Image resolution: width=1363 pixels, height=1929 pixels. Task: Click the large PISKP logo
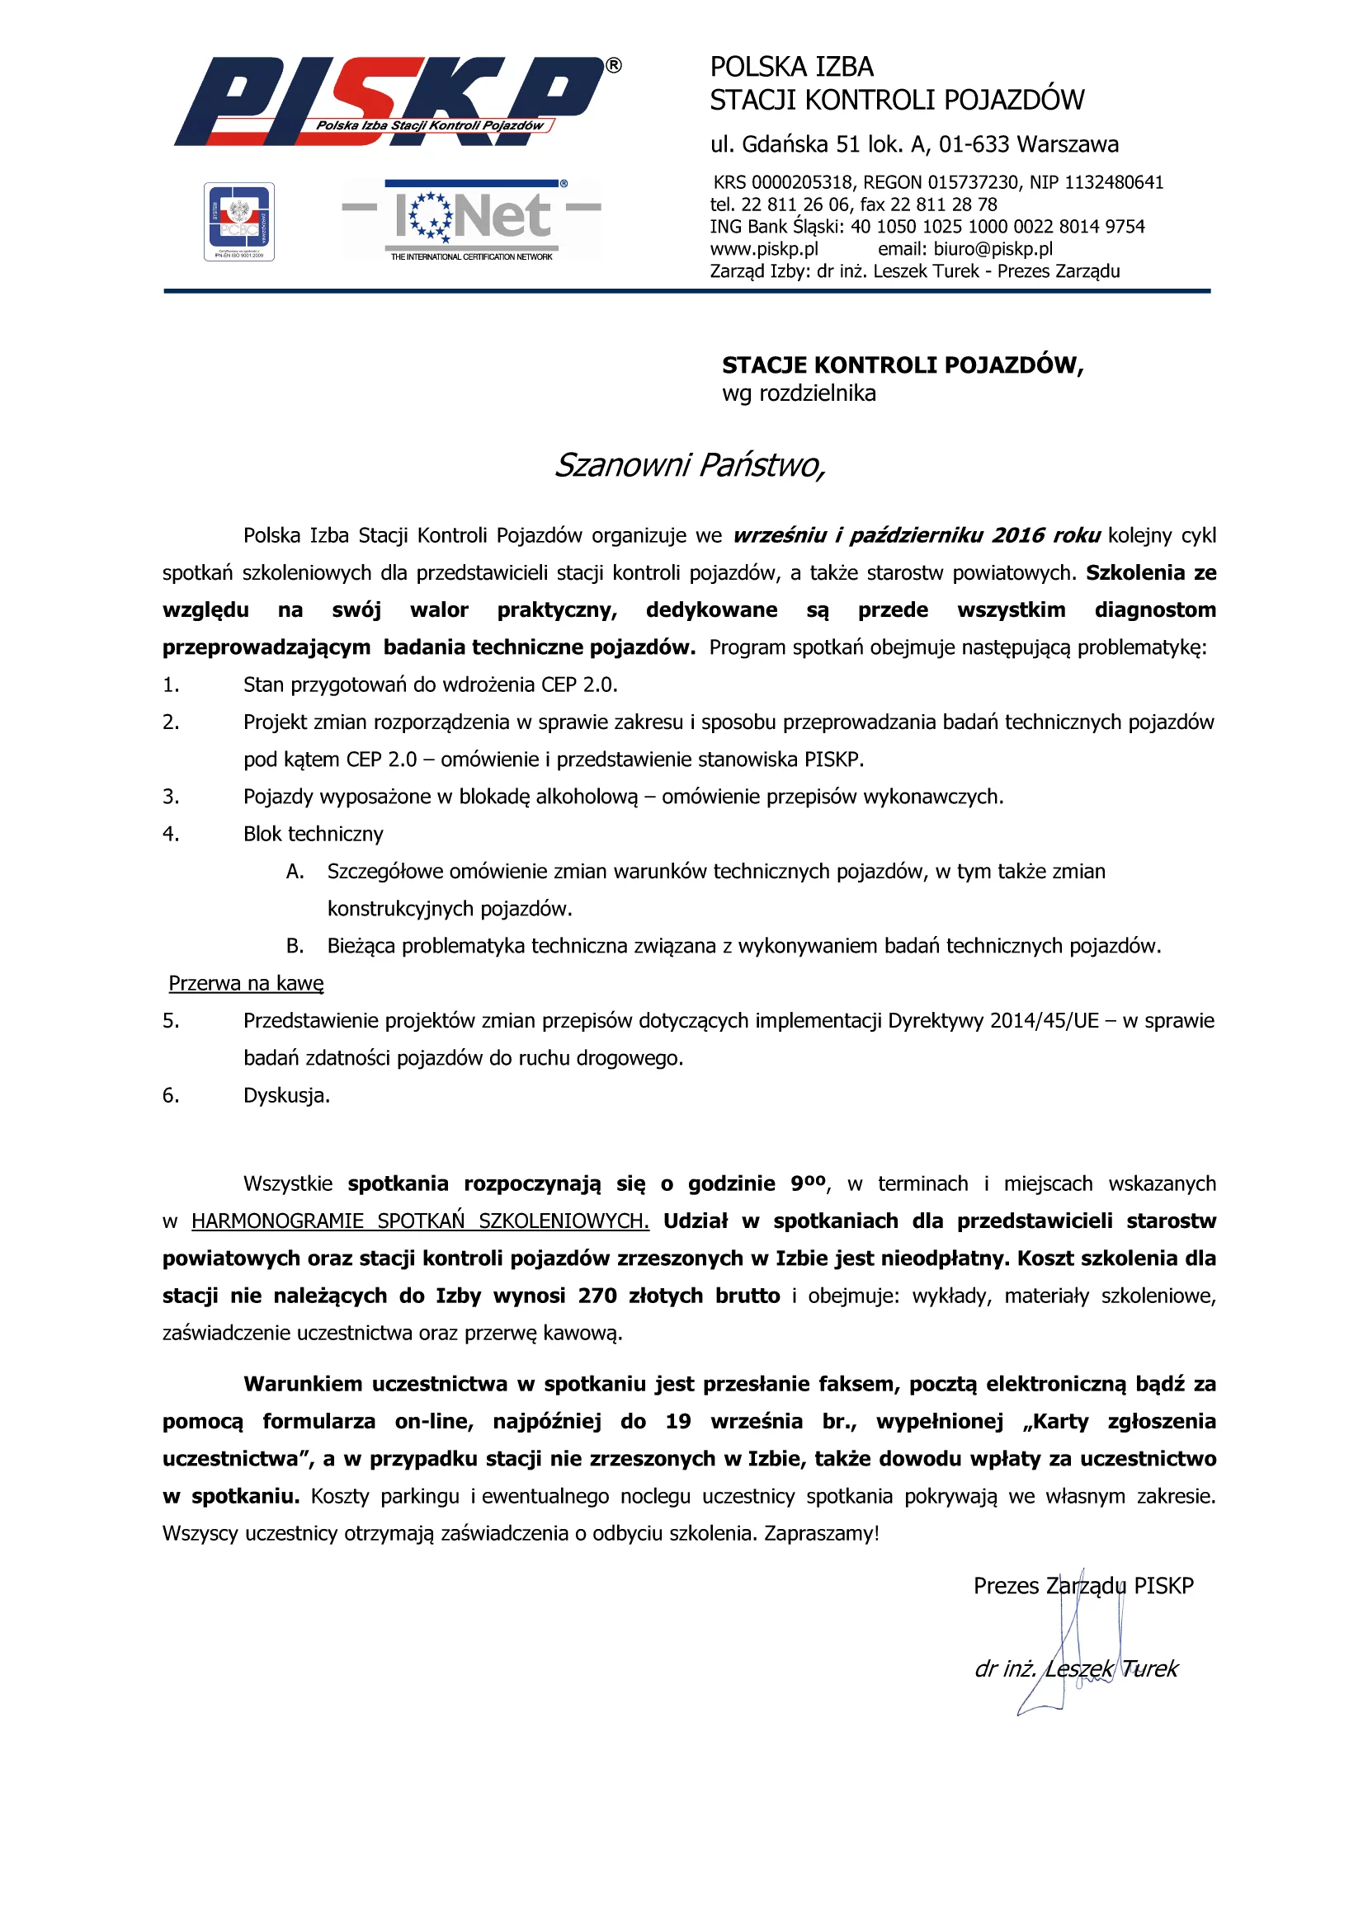click(x=395, y=101)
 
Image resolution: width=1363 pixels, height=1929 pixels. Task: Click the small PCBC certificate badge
click(x=239, y=222)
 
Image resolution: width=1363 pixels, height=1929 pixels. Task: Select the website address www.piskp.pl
click(x=764, y=250)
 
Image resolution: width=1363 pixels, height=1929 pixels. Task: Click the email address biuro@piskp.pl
click(x=993, y=250)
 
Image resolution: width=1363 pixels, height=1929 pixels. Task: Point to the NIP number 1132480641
click(x=1114, y=183)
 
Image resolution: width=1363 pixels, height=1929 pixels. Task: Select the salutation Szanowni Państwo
click(x=689, y=464)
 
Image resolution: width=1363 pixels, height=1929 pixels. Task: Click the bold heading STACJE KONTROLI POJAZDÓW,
click(x=903, y=365)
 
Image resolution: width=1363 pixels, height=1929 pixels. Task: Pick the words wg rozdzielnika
click(x=799, y=393)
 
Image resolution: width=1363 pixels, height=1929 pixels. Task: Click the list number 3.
click(x=171, y=797)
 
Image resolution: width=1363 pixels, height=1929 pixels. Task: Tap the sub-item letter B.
click(x=295, y=946)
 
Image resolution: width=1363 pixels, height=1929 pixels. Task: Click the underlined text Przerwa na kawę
click(x=246, y=984)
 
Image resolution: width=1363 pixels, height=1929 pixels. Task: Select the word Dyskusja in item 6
click(x=285, y=1095)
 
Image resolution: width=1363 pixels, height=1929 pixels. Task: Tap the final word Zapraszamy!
click(x=821, y=1533)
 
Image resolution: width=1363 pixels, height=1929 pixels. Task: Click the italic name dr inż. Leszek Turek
click(x=1077, y=1668)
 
